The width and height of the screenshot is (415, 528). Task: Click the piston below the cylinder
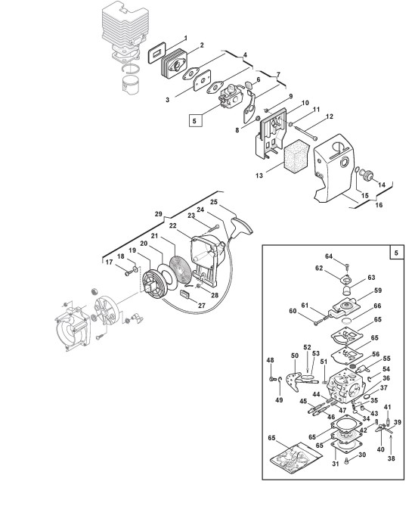pyautogui.click(x=132, y=85)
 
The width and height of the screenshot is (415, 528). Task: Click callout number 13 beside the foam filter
pyautogui.click(x=259, y=175)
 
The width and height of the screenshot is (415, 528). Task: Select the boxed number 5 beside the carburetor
pyautogui.click(x=194, y=120)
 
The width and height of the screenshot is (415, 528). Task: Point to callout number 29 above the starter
pyautogui.click(x=159, y=214)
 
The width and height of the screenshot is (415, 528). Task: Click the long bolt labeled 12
pyautogui.click(x=305, y=132)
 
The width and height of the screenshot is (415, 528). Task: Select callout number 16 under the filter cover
pyautogui.click(x=379, y=205)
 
